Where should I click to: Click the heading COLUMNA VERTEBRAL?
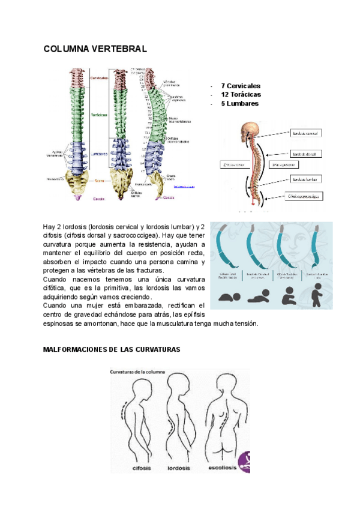tap(95, 49)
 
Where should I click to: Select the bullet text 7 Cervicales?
tap(240, 86)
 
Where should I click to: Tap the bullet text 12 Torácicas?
tap(241, 94)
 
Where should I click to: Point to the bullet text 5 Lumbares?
tap(239, 103)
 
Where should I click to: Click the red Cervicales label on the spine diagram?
tap(99, 78)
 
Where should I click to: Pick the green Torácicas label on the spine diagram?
tap(99, 114)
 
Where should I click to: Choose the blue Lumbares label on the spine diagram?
tap(99, 153)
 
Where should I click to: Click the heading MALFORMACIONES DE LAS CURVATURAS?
tap(112, 349)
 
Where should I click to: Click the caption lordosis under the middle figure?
tap(178, 467)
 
